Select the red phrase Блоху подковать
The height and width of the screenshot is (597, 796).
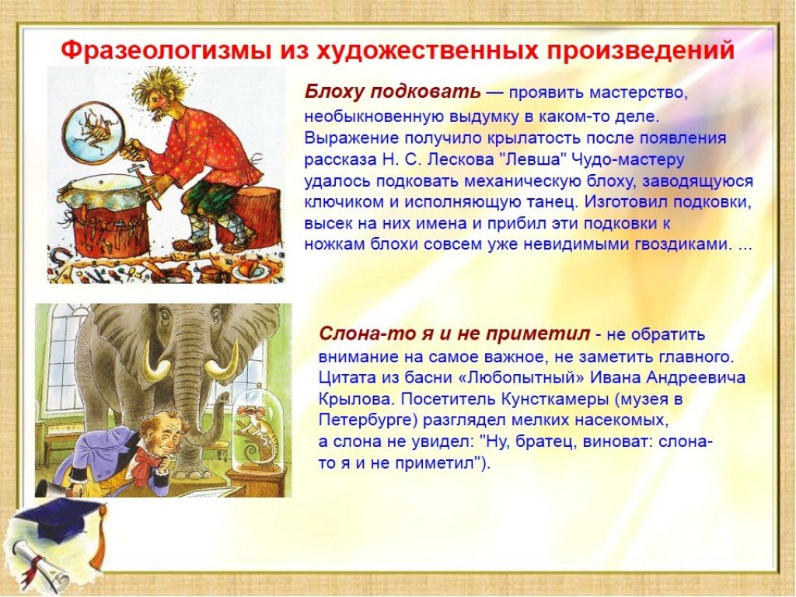point(392,92)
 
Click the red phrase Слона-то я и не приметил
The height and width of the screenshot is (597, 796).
point(455,334)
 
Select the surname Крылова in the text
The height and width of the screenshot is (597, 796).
point(356,399)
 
